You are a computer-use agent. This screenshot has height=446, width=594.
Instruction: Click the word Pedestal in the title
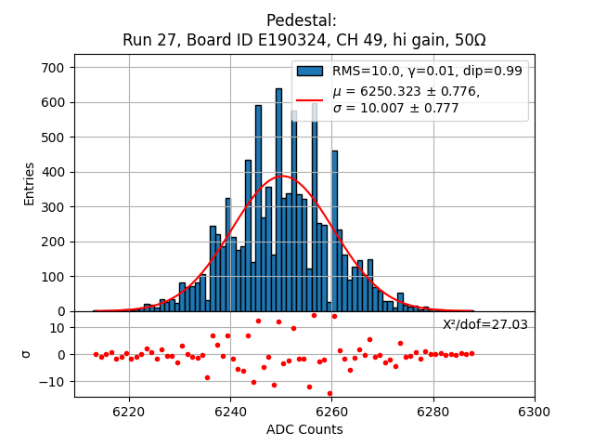pos(301,20)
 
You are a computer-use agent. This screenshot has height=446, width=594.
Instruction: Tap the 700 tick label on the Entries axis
pos(52,68)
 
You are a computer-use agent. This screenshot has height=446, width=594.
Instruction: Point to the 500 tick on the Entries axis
pos(52,138)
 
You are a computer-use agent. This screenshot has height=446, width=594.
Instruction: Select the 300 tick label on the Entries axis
pos(52,207)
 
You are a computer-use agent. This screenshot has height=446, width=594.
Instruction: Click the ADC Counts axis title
pos(304,429)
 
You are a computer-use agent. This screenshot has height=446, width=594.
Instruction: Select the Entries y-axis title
pos(30,183)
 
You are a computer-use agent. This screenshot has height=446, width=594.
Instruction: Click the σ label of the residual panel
pos(26,354)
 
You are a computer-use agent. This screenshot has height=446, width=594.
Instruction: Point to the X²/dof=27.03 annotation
pos(484,324)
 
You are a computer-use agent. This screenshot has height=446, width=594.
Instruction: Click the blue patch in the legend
pos(309,71)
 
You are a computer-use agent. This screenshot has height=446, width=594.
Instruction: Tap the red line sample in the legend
pos(309,99)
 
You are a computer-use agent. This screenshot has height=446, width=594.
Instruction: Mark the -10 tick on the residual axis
pos(52,381)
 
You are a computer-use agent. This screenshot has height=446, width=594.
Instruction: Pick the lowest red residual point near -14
pos(329,393)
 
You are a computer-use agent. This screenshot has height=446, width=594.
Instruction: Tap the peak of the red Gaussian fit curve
pos(279,177)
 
